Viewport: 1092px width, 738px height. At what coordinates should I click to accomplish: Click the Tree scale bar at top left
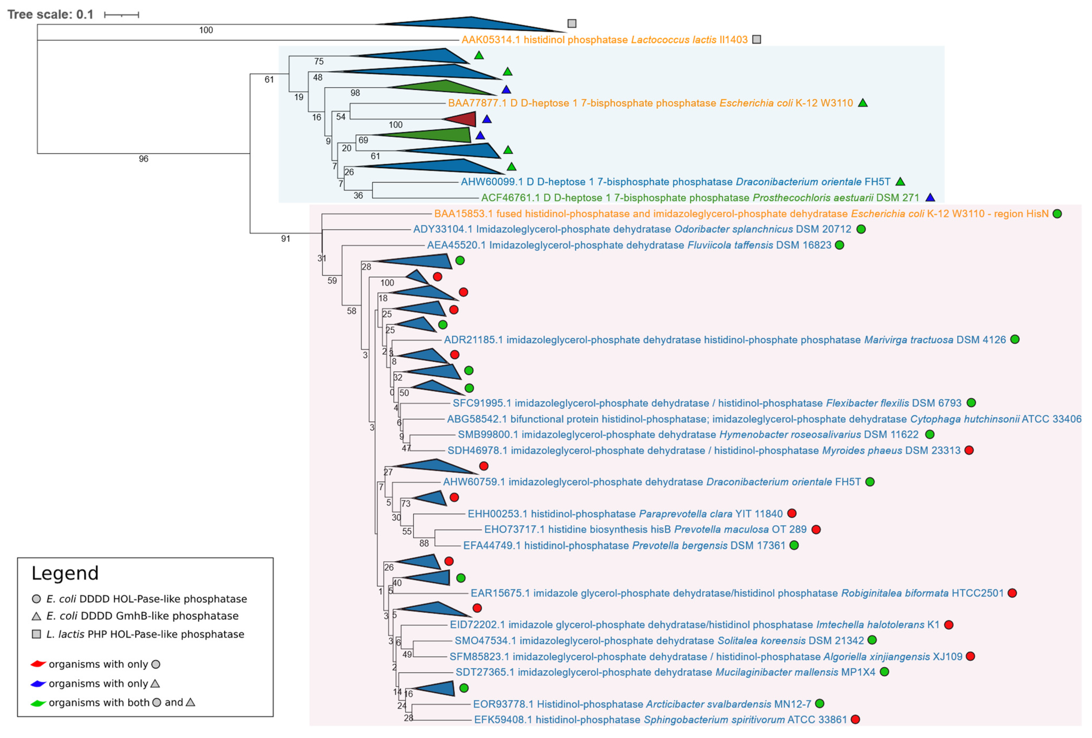[x=121, y=15]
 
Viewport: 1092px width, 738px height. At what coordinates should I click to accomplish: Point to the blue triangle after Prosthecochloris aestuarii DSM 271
[x=930, y=197]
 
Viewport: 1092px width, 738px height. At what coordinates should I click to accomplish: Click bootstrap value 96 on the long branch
[x=143, y=159]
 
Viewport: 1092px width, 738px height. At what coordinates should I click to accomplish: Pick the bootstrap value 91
[x=285, y=239]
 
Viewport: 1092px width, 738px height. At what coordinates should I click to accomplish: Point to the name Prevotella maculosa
[x=721, y=529]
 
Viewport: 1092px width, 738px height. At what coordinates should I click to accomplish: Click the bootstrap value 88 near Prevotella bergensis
[x=424, y=543]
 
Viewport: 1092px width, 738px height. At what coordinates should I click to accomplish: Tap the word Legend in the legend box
[x=65, y=573]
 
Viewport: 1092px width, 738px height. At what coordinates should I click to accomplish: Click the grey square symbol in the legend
[x=36, y=634]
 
